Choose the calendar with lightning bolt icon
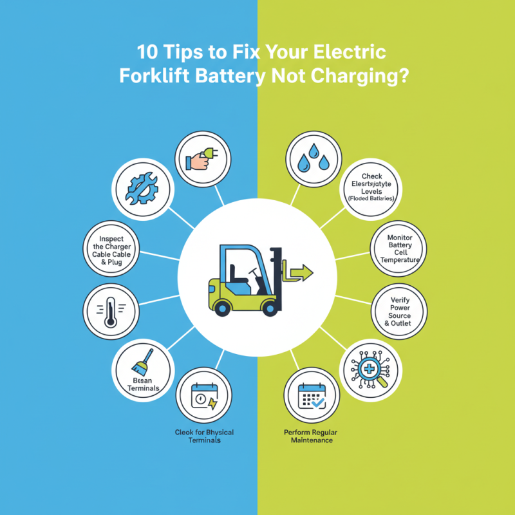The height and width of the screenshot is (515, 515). [x=204, y=395]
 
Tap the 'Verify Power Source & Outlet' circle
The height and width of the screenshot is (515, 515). [x=400, y=310]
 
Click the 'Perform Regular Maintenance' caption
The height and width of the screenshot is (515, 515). [x=308, y=436]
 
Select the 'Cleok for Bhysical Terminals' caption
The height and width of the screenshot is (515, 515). [x=204, y=436]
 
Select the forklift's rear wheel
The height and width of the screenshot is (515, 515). [x=223, y=308]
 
